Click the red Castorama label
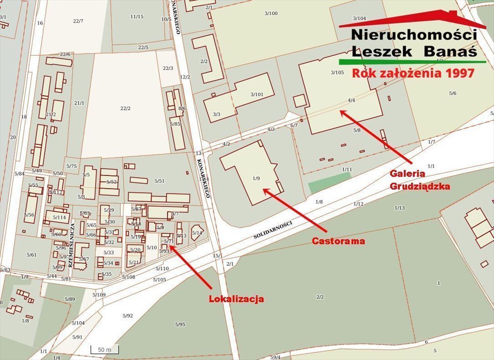click(338, 241)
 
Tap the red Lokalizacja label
click(236, 299)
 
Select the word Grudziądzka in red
click(420, 186)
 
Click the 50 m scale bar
click(105, 350)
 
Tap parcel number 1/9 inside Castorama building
click(256, 178)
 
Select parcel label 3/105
click(337, 72)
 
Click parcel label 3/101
click(256, 94)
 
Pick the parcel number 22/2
click(125, 108)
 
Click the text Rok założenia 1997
click(413, 73)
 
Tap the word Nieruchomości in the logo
click(414, 35)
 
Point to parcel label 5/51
click(159, 181)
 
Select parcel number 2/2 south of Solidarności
click(320, 297)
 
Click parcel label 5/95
click(180, 324)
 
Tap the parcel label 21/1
click(79, 103)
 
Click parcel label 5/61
click(32, 255)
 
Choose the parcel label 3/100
click(271, 13)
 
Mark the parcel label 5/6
click(452, 93)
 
